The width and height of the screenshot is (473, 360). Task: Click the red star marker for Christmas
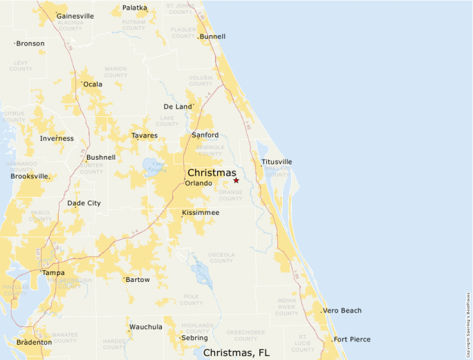click(236, 180)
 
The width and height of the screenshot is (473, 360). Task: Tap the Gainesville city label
click(75, 16)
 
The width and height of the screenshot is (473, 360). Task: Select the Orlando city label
click(198, 183)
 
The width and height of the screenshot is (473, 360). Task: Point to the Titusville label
click(277, 162)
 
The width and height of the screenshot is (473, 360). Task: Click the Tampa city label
click(53, 273)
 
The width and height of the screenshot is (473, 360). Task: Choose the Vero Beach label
click(342, 311)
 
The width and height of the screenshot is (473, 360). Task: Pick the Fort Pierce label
click(352, 339)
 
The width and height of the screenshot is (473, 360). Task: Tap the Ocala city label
click(93, 84)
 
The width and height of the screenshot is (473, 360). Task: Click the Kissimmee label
click(201, 213)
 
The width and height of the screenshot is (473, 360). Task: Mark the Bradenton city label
click(34, 342)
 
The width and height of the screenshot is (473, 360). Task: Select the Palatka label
click(135, 8)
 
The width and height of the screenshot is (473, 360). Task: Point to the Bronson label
click(30, 44)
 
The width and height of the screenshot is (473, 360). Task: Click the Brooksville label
click(30, 176)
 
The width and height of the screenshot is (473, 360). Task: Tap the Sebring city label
click(194, 338)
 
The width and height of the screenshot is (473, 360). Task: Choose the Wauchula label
click(145, 327)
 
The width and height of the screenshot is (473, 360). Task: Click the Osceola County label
click(221, 258)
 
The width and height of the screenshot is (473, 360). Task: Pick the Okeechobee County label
click(245, 335)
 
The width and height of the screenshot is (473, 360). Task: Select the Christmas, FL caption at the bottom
click(236, 352)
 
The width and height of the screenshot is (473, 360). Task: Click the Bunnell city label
click(212, 37)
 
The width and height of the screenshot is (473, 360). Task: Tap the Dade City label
click(84, 203)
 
